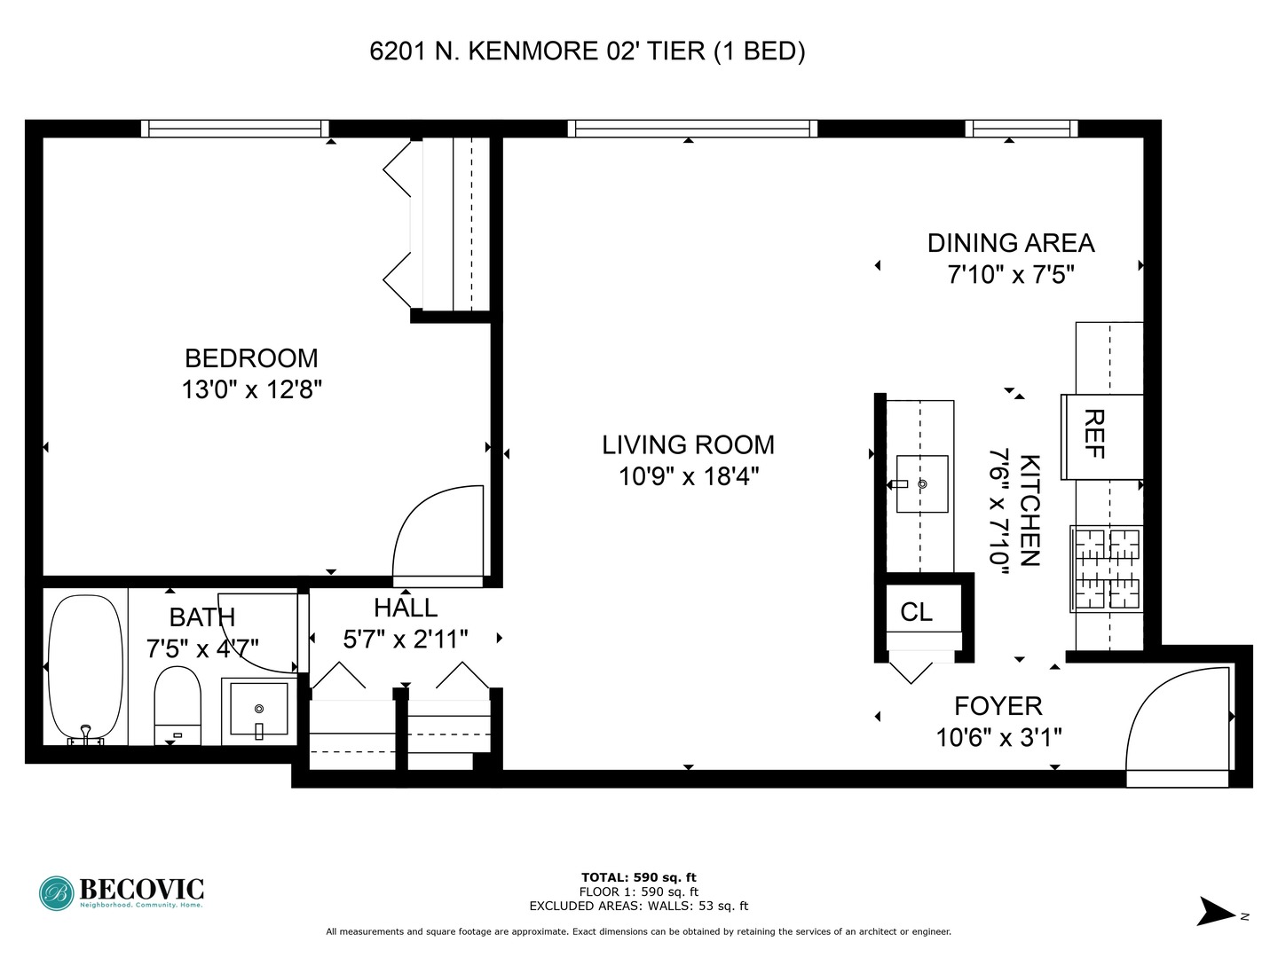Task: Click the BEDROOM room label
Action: pyautogui.click(x=251, y=358)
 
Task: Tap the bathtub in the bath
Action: pyautogui.click(x=85, y=669)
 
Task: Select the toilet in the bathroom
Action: pyautogui.click(x=177, y=705)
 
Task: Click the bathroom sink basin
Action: pyautogui.click(x=259, y=709)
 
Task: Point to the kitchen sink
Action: pyautogui.click(x=922, y=484)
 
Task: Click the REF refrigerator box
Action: pyautogui.click(x=1102, y=436)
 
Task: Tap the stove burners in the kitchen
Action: pyautogui.click(x=1107, y=569)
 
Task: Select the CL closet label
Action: pyautogui.click(x=917, y=612)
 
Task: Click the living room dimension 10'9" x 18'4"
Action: pyautogui.click(x=689, y=477)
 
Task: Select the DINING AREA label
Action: pyautogui.click(x=1011, y=243)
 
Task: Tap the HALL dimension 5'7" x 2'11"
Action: pyautogui.click(x=406, y=640)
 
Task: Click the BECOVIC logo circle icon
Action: pyautogui.click(x=57, y=893)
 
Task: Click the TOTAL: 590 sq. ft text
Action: pyautogui.click(x=639, y=877)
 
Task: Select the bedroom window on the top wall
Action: pyautogui.click(x=234, y=129)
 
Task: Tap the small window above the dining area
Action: pyautogui.click(x=1022, y=129)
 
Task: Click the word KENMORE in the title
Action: pyautogui.click(x=532, y=51)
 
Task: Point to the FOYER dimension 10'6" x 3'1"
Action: pyautogui.click(x=998, y=738)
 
